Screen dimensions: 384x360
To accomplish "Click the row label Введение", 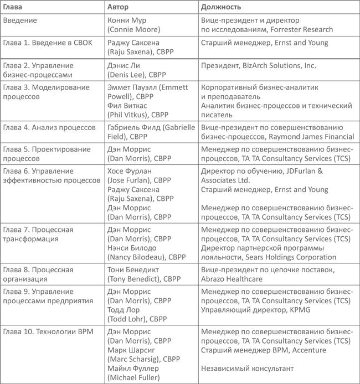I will (x=20, y=20).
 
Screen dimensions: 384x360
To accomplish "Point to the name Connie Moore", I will (x=135, y=29).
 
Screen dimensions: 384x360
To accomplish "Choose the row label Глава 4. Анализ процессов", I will (x=50, y=127).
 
